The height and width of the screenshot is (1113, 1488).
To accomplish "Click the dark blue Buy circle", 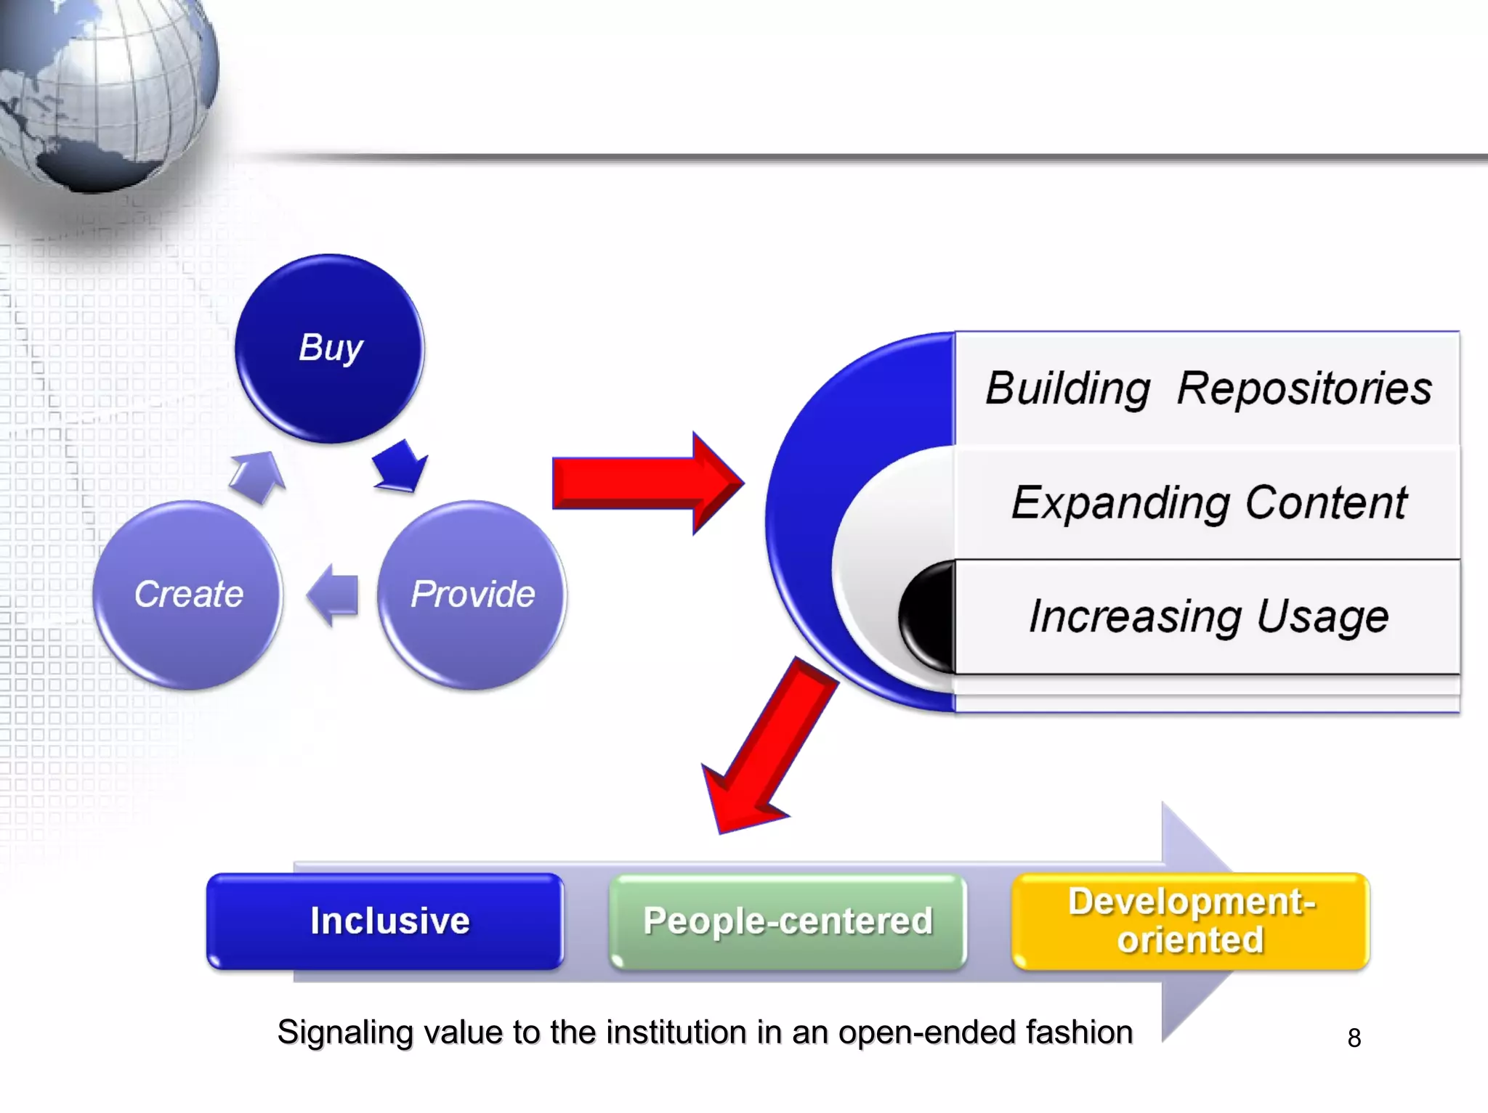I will [330, 348].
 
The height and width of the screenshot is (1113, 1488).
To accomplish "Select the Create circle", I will [188, 595].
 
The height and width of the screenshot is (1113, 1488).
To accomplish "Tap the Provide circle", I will [472, 595].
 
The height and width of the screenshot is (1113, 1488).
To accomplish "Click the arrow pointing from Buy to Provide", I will [399, 466].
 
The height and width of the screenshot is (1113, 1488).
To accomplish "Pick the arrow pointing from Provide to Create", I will [334, 595].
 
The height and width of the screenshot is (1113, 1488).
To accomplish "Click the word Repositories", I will [1303, 388].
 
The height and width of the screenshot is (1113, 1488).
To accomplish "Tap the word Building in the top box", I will [1067, 388].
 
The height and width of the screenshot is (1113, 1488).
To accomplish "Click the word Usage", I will [1322, 617].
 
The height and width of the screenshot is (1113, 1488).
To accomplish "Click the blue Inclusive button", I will [385, 921].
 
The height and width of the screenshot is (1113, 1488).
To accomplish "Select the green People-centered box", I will [788, 921].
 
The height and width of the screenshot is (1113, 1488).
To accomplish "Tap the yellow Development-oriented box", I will [1190, 921].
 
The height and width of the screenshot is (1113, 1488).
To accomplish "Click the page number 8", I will [1354, 1038].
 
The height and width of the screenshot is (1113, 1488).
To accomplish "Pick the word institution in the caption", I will [677, 1032].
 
